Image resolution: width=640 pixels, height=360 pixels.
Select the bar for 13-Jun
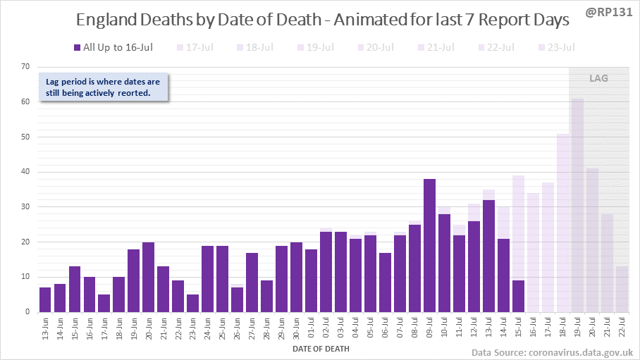coord(45,299)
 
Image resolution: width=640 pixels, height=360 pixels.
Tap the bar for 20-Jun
coord(148,277)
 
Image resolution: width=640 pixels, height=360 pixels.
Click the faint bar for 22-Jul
coord(621,289)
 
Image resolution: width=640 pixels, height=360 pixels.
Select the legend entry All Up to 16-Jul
coord(113,47)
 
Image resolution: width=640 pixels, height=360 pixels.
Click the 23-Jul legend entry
coord(556,47)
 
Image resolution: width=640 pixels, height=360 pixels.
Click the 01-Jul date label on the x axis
coord(310,329)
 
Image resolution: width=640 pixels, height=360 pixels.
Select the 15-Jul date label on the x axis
coord(517,329)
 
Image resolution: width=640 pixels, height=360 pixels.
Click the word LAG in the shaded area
coord(598,78)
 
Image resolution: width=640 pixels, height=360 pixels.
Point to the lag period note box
coord(103,87)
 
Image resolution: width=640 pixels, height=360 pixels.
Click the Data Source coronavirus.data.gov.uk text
coord(552,351)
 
